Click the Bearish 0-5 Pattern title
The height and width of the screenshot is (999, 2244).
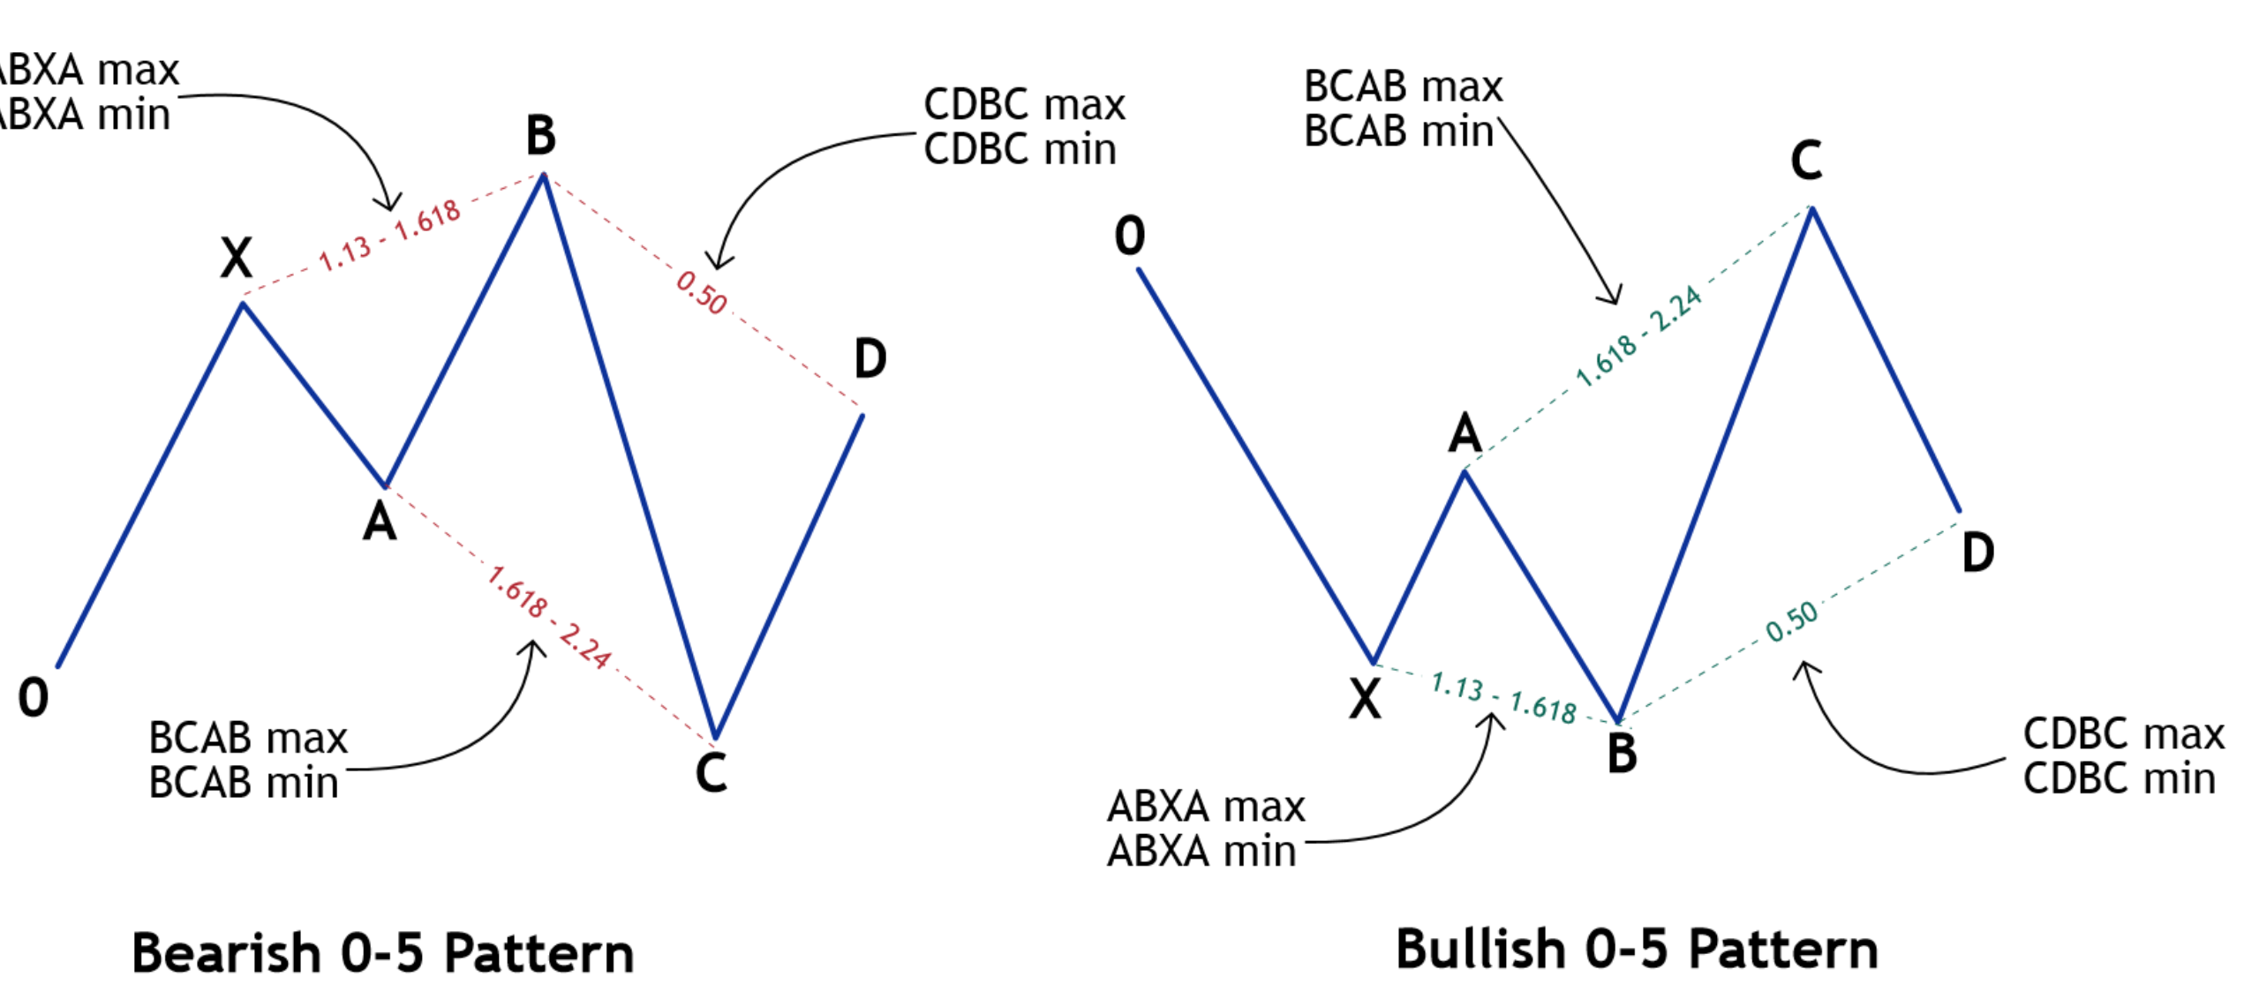383,953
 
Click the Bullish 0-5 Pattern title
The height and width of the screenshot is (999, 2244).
1637,950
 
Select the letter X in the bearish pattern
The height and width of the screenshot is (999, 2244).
237,258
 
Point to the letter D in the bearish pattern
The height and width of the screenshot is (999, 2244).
870,358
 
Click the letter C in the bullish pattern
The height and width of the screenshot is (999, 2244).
1806,161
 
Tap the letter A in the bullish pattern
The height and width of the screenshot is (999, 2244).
1465,433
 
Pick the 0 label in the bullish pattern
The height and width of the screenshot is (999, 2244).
1130,236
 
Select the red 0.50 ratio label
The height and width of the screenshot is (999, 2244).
702,292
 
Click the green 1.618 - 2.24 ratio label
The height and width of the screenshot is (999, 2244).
1638,336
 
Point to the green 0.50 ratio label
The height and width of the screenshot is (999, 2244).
1792,621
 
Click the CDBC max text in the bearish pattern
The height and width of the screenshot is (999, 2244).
1024,104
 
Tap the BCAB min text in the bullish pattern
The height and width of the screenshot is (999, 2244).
1398,131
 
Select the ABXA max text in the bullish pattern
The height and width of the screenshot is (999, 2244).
1206,807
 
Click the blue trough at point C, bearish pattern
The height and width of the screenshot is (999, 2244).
715,734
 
